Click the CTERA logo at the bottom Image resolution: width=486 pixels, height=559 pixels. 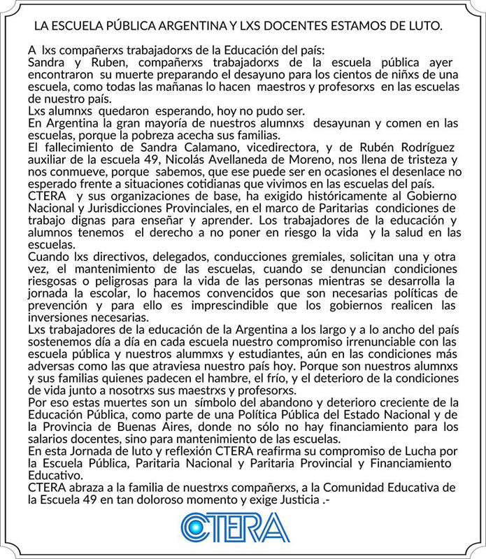[235, 527]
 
